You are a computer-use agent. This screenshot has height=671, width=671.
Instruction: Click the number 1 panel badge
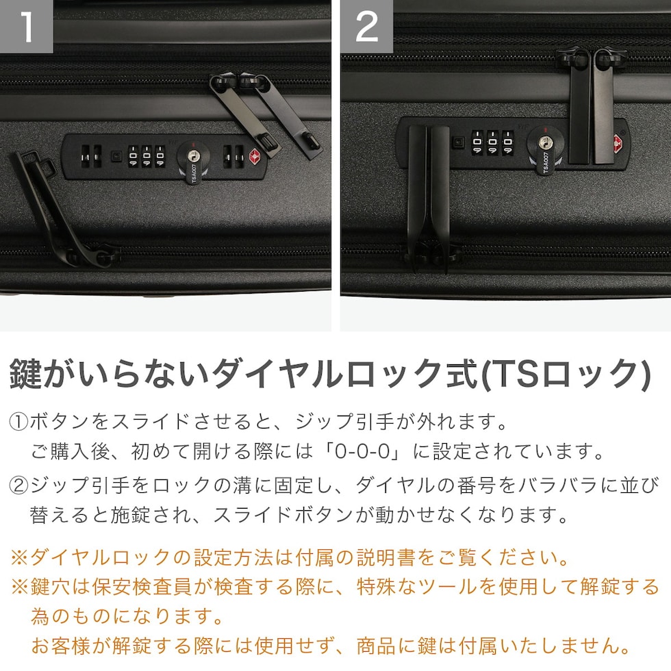(x=27, y=27)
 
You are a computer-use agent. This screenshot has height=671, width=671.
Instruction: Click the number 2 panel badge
(x=367, y=27)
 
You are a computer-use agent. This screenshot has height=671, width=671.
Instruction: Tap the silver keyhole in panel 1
(x=193, y=156)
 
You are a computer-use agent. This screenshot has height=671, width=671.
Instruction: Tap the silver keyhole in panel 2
(x=545, y=142)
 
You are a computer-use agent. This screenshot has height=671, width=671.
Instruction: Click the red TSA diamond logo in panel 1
(x=255, y=156)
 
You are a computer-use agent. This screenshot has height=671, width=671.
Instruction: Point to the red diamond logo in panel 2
(x=618, y=144)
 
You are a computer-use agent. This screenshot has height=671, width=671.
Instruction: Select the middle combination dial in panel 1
(x=147, y=156)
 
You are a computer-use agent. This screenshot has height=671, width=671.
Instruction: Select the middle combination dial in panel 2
(x=492, y=142)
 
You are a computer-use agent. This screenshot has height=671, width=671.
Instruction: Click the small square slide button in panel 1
(x=116, y=156)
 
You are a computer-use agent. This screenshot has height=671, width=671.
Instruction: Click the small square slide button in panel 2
(x=459, y=142)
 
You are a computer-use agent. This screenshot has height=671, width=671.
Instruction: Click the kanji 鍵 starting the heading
(x=26, y=374)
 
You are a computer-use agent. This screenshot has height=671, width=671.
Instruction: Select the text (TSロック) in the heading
(x=566, y=375)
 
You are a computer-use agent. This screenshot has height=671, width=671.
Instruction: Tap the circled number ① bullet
(x=18, y=422)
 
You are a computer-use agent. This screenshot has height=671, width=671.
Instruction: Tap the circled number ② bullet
(x=18, y=485)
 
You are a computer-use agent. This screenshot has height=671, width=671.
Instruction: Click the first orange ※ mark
(x=19, y=557)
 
